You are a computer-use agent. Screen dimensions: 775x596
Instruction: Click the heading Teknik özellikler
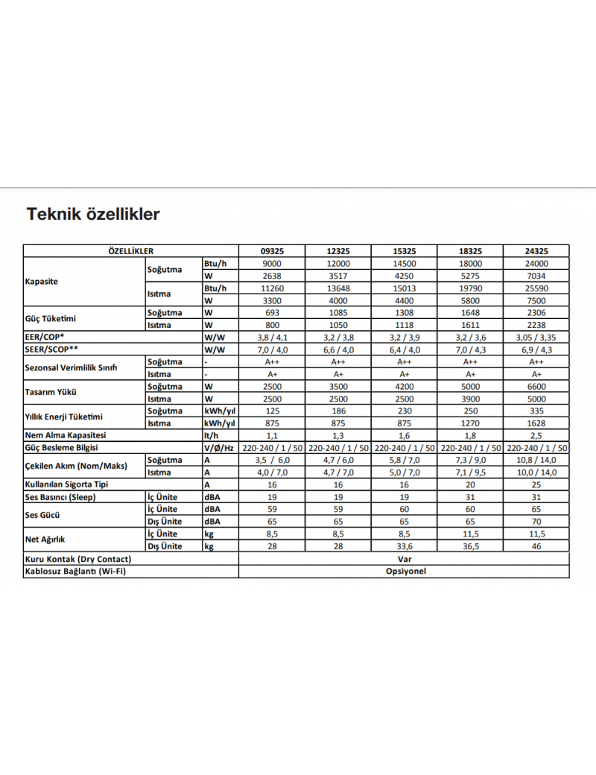pyautogui.click(x=93, y=215)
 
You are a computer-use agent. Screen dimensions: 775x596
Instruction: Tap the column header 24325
pyautogui.click(x=536, y=251)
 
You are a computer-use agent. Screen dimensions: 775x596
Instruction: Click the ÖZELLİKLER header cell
pyautogui.click(x=131, y=251)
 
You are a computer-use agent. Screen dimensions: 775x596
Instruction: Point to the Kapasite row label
pyautogui.click(x=42, y=282)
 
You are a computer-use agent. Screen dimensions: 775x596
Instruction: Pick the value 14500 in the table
pyautogui.click(x=405, y=264)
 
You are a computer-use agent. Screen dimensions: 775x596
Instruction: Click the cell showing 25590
pyautogui.click(x=536, y=288)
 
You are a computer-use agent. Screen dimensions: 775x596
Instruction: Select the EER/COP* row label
pyautogui.click(x=45, y=338)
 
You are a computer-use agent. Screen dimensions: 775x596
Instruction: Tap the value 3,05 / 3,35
pyautogui.click(x=536, y=338)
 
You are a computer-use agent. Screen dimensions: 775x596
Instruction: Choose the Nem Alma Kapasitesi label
pyautogui.click(x=66, y=435)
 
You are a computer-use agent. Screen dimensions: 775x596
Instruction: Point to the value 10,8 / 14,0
pyautogui.click(x=536, y=460)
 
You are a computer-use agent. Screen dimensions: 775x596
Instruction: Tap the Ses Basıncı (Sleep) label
pyautogui.click(x=61, y=497)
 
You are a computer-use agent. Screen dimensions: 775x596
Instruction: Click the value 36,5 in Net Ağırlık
pyautogui.click(x=471, y=546)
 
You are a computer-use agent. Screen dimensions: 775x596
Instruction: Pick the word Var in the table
pyautogui.click(x=405, y=559)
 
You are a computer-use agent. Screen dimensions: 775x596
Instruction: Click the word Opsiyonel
pyautogui.click(x=405, y=572)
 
